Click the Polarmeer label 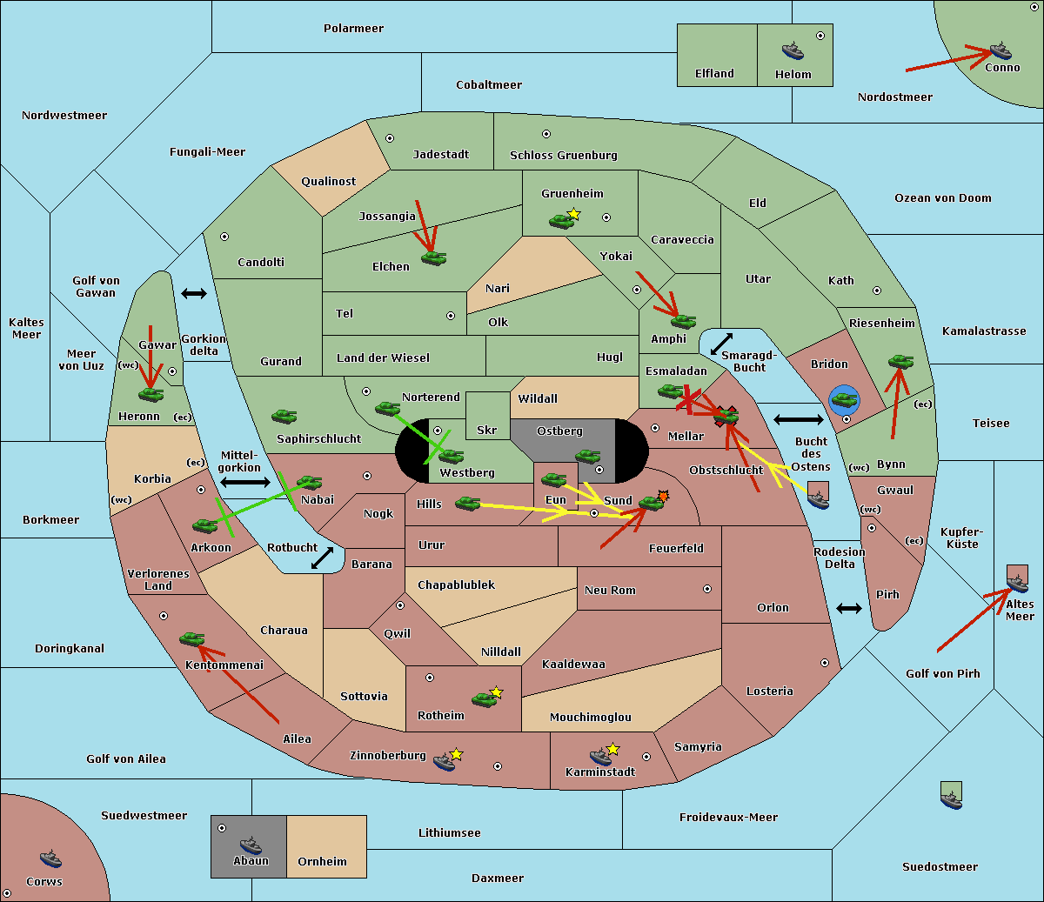[353, 29]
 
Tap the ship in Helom [793, 50]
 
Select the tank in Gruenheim [561, 221]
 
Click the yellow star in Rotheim [496, 692]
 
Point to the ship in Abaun [251, 845]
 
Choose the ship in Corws [50, 859]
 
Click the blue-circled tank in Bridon [844, 400]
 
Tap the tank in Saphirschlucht [284, 416]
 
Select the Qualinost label [328, 181]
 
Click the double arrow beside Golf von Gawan [194, 293]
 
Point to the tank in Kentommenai [191, 638]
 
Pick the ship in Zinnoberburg [444, 761]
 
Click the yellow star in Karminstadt [612, 748]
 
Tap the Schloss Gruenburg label [564, 155]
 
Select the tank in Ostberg [587, 457]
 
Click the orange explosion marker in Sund [663, 496]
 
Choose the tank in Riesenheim [900, 362]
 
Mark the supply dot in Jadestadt [390, 138]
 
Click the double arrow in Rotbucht [322, 558]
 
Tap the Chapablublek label [456, 585]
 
